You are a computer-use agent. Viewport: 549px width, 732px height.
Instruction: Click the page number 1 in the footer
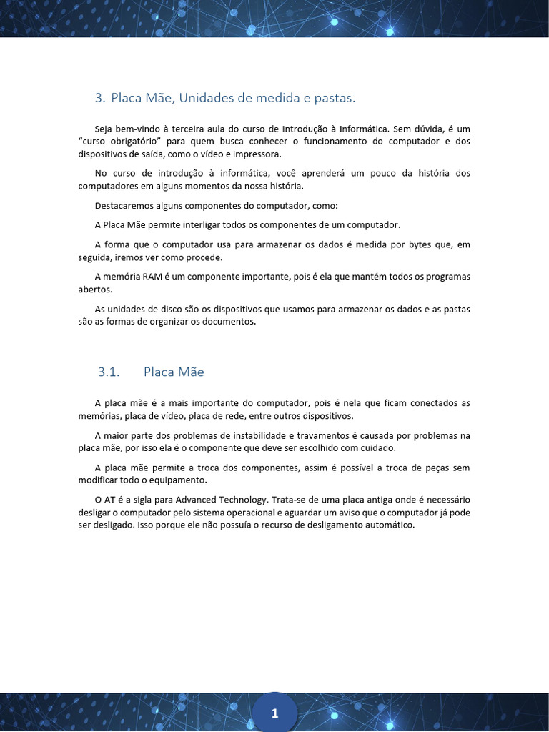tap(274, 713)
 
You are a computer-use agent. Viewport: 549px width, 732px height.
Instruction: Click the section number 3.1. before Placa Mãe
tap(108, 372)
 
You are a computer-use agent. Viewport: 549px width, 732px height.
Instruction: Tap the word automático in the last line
tap(386, 525)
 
